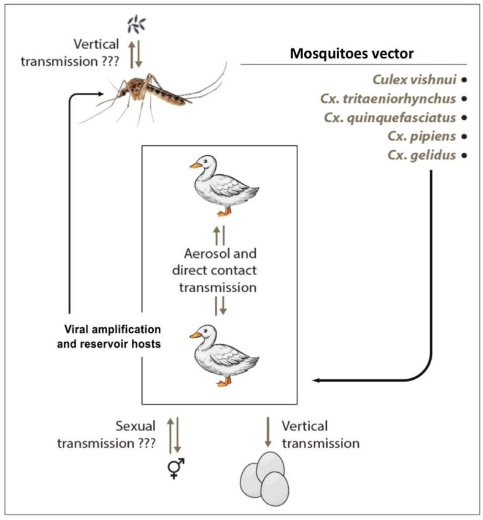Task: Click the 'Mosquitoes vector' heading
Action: tap(352, 54)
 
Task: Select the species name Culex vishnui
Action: tap(414, 80)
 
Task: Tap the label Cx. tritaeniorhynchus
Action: tap(388, 99)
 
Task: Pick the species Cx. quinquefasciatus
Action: tap(390, 118)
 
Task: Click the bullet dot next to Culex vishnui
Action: tap(464, 80)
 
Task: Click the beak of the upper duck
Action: tap(195, 165)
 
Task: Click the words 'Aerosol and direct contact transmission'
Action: tap(214, 270)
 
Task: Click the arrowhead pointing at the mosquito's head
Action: tap(101, 94)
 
